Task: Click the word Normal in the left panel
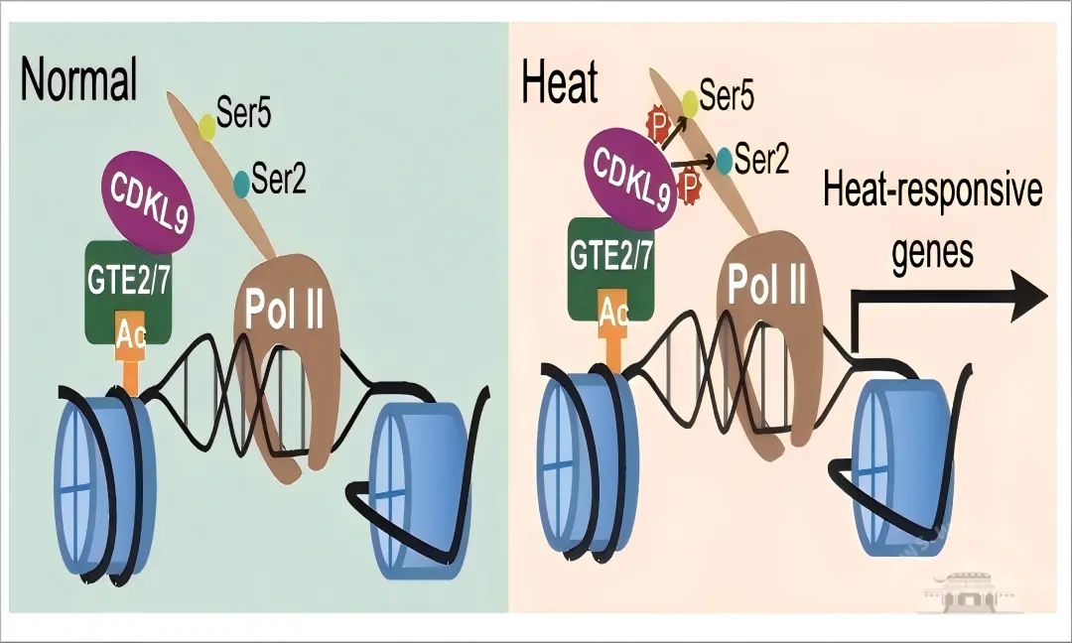pos(79,81)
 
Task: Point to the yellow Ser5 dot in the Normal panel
pos(207,126)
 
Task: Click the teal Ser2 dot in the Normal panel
pos(241,183)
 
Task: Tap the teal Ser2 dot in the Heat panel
pos(726,159)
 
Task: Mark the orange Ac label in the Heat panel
pos(614,314)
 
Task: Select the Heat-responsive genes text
pos(932,218)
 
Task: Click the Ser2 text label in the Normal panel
pos(280,182)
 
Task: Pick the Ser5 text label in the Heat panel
pos(727,96)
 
